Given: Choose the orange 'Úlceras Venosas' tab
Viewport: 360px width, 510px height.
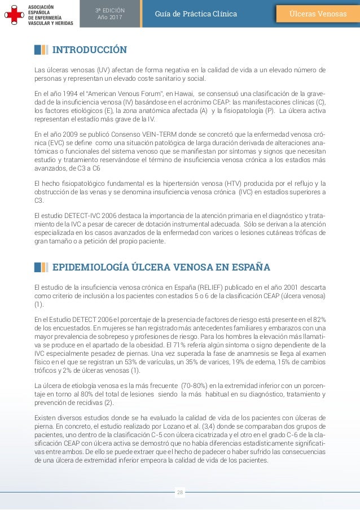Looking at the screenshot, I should tap(318, 14).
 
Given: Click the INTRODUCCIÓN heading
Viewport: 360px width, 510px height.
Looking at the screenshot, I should tap(89, 50).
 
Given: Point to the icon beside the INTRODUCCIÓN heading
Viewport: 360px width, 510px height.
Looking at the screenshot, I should tap(41, 50).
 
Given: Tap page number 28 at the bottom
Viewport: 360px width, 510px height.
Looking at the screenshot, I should tap(180, 492).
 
